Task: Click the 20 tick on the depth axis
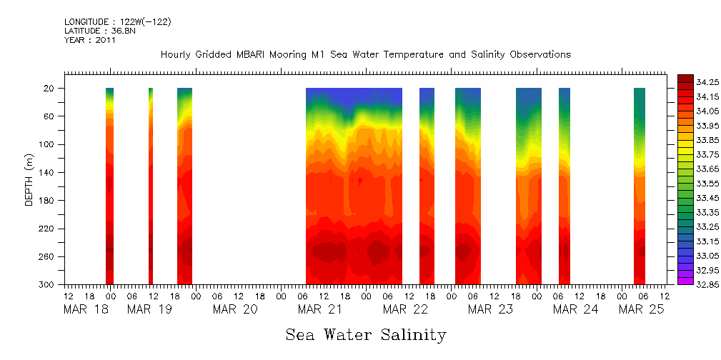[x=49, y=89]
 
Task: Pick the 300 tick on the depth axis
[x=47, y=285]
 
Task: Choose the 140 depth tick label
[x=47, y=173]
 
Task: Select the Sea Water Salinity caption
[x=365, y=335]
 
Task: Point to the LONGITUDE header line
[x=117, y=22]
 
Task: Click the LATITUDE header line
[x=96, y=31]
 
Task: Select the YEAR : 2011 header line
[x=90, y=40]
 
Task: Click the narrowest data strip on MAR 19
[x=151, y=186]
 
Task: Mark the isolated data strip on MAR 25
[x=640, y=186]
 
